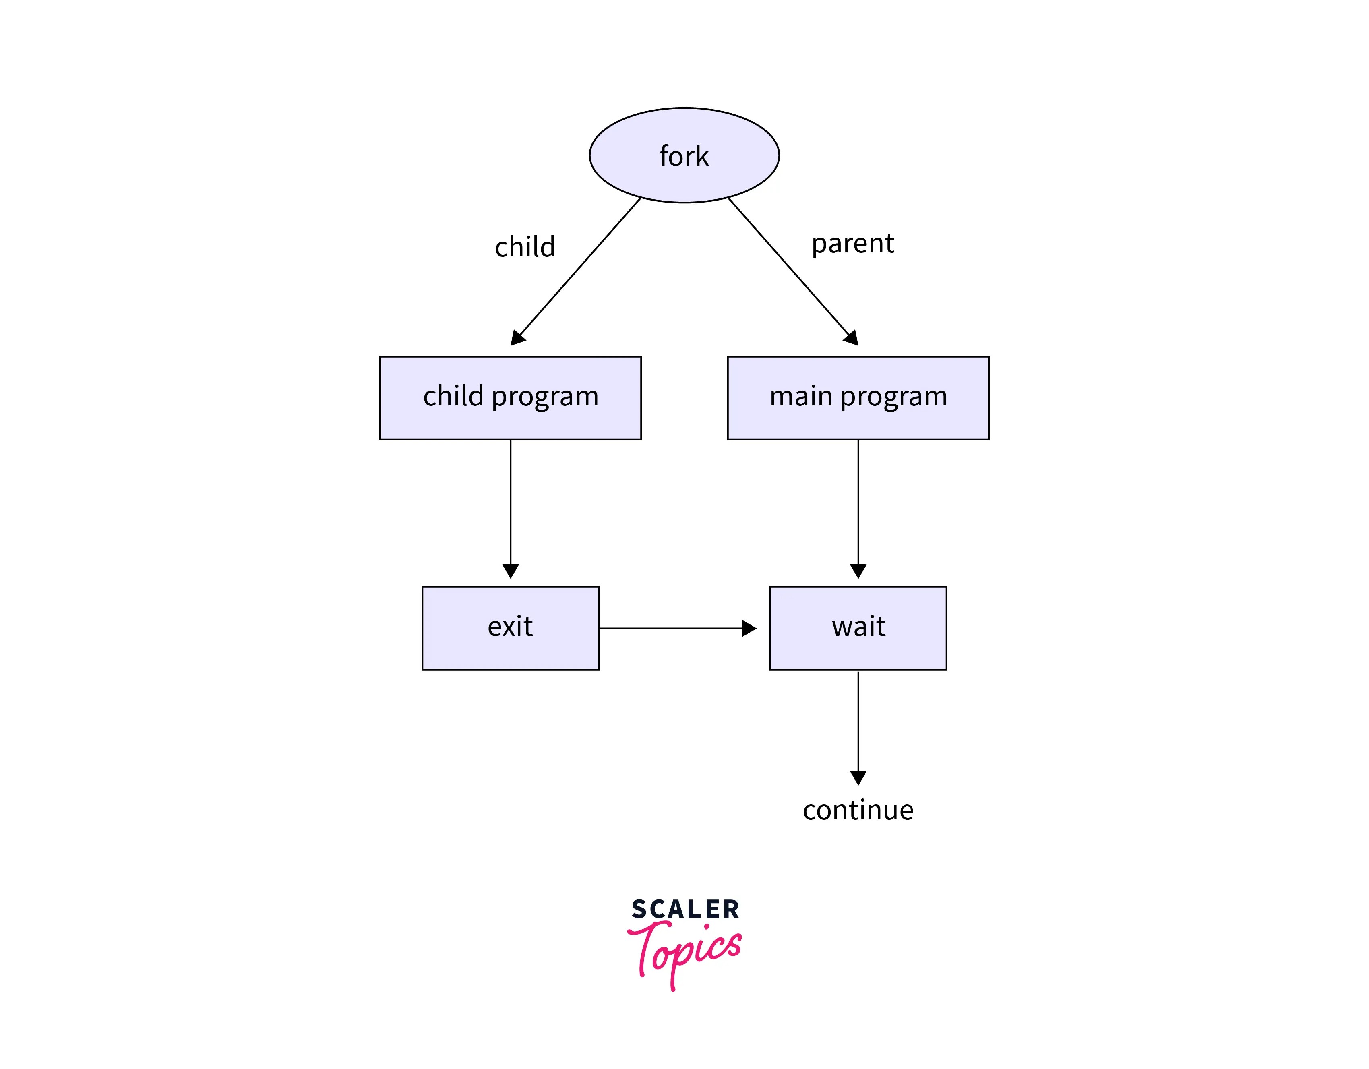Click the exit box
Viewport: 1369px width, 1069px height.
(510, 628)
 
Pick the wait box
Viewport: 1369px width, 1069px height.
(858, 628)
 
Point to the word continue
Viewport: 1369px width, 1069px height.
(858, 810)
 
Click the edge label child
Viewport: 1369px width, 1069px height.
(525, 246)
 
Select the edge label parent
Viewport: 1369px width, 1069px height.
(852, 243)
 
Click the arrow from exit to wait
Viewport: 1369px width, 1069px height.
(671, 628)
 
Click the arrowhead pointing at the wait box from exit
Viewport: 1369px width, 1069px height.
(749, 628)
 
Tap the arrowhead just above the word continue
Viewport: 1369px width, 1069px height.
(858, 777)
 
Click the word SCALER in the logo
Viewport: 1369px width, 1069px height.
(685, 909)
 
